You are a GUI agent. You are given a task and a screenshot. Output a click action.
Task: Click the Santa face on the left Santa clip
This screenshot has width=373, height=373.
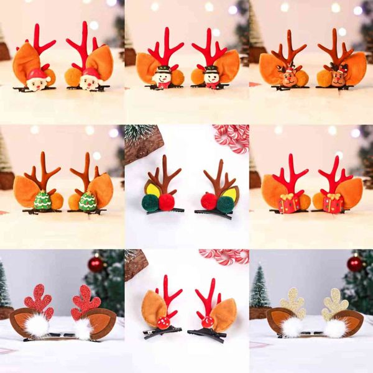(x=38, y=80)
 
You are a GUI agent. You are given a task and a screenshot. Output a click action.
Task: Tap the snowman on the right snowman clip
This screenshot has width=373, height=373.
(x=211, y=77)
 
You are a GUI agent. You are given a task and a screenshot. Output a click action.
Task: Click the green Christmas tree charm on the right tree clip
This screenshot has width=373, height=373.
(x=88, y=201)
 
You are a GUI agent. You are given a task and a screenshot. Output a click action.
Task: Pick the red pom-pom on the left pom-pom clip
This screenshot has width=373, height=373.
(x=167, y=202)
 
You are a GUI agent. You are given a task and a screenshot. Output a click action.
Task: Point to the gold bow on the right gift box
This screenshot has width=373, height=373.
(x=333, y=197)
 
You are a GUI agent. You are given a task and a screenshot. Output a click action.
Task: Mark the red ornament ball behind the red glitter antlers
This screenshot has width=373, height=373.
(x=96, y=264)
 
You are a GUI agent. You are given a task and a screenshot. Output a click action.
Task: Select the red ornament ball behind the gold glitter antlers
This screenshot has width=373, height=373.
(x=355, y=264)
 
